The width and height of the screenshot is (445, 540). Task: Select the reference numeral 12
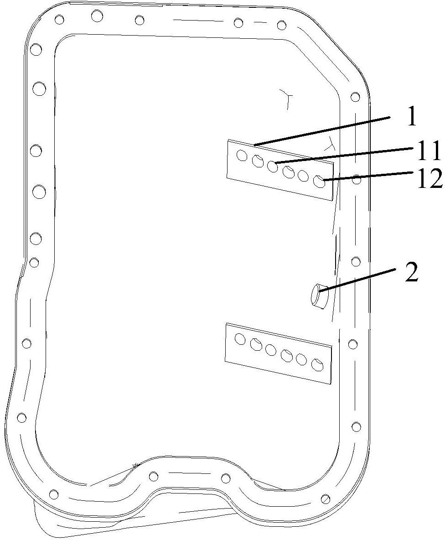[x=429, y=179]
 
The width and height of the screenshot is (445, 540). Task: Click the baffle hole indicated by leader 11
[x=272, y=166]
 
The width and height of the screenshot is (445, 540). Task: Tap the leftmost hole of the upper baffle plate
[x=242, y=156]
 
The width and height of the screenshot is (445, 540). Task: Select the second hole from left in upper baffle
[x=257, y=161]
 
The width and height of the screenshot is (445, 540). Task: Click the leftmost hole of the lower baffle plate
[x=240, y=339]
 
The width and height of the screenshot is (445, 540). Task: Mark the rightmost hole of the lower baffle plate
[x=317, y=364]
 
